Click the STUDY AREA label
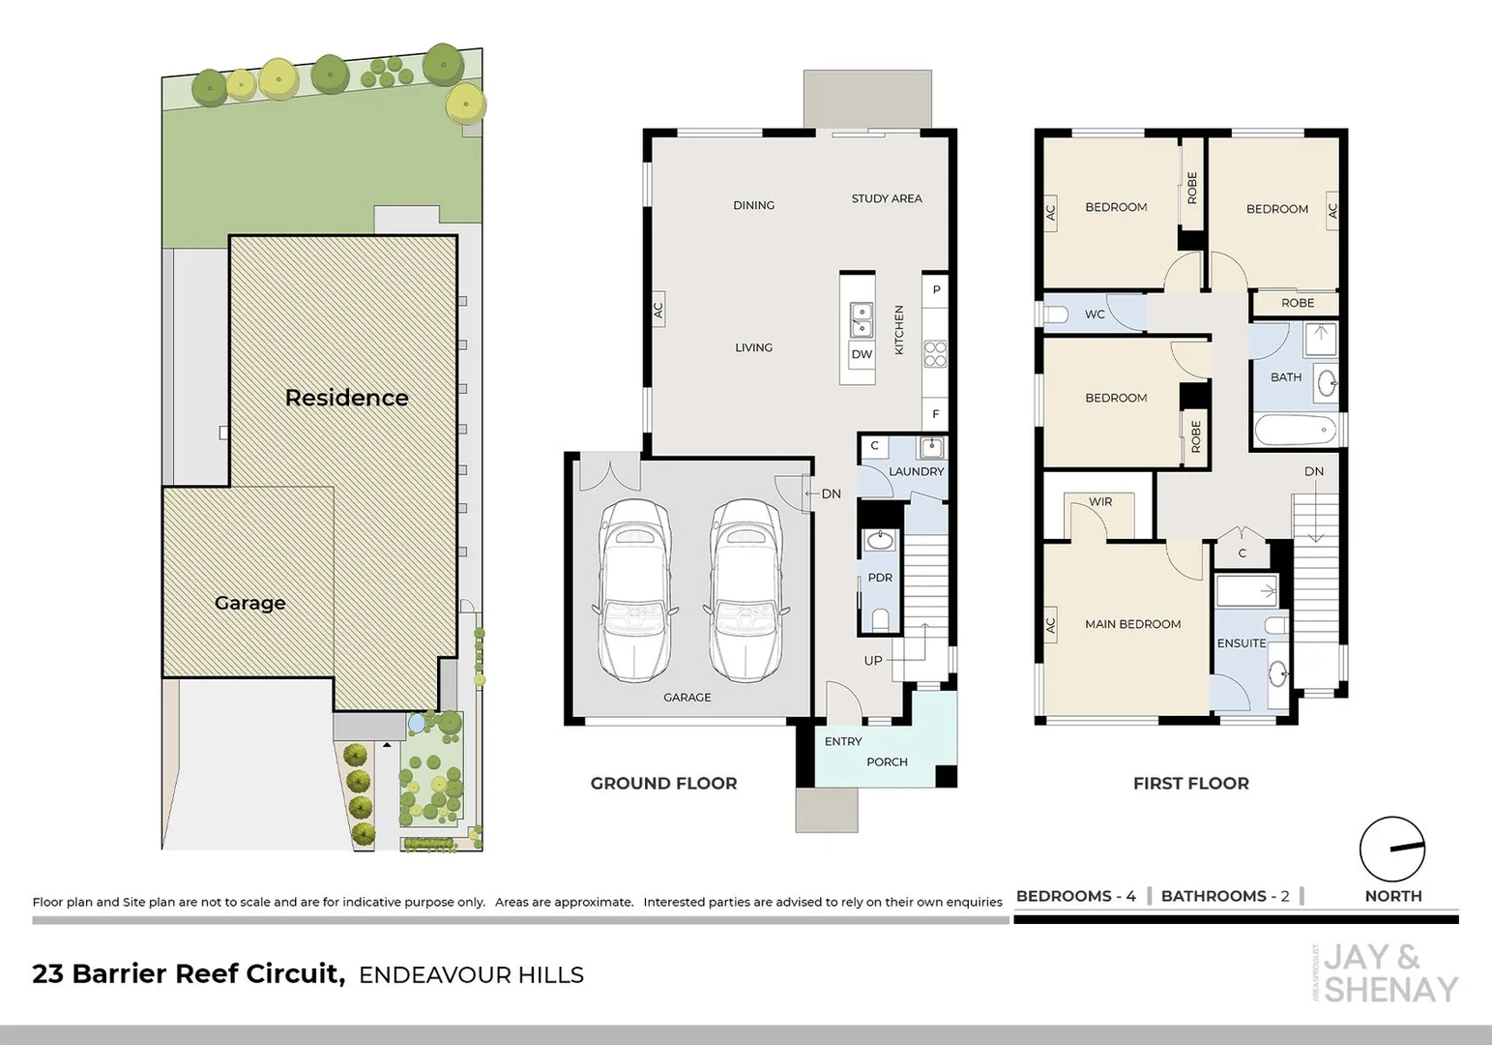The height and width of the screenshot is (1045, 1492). coord(887,198)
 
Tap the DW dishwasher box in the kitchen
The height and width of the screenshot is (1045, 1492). coord(862,354)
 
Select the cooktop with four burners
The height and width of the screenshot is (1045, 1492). coord(935,354)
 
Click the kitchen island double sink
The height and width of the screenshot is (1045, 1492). coord(862,320)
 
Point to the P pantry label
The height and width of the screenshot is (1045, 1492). coord(936,290)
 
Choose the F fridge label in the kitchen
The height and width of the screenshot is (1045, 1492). coord(936,414)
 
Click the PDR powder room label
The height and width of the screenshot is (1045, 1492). coord(880,578)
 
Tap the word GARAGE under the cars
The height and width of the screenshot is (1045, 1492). coord(687,697)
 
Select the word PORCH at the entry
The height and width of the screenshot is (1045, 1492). coord(887,761)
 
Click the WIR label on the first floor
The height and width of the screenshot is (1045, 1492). coord(1100,502)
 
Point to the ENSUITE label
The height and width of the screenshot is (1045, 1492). coord(1242,643)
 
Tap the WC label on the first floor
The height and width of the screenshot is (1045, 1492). coord(1095,313)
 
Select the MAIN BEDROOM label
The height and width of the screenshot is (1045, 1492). coord(1133,624)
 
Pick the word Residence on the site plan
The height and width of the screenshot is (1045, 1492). coord(346,398)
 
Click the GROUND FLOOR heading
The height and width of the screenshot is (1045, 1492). coord(663,783)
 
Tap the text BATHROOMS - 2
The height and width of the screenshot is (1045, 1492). coord(1225,896)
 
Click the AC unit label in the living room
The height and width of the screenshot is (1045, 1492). coord(658,310)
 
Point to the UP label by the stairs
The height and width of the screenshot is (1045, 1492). coord(872,661)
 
